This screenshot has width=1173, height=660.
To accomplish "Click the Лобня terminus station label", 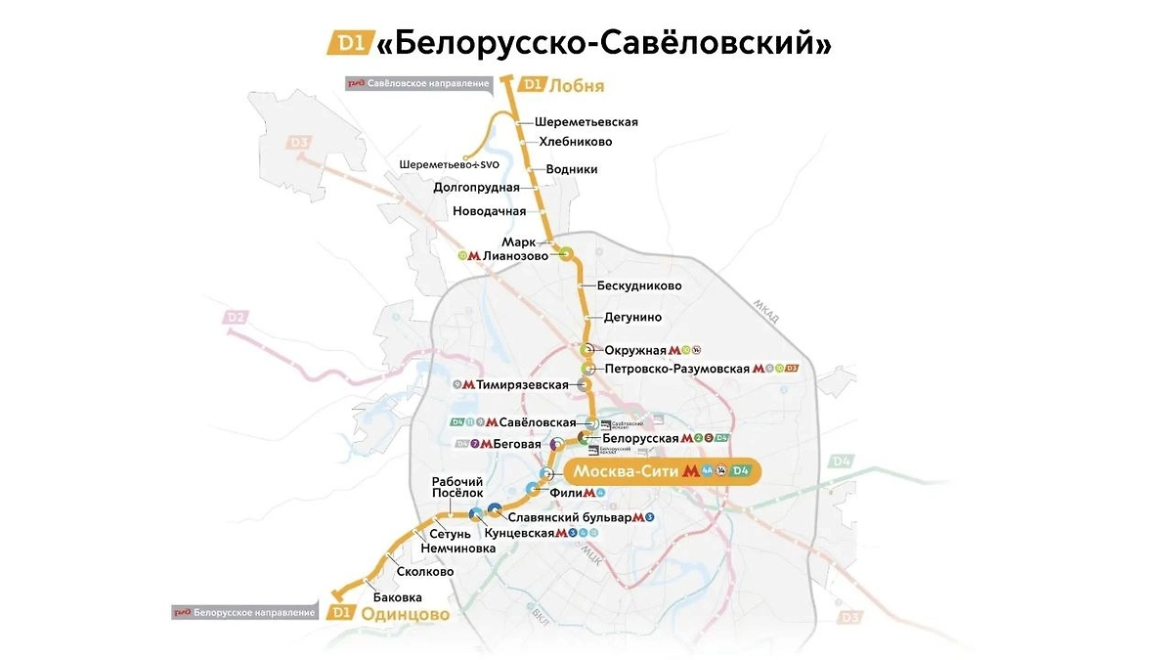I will (x=577, y=86).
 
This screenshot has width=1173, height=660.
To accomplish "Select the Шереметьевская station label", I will (x=586, y=122).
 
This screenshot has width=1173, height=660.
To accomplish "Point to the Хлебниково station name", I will (x=576, y=142).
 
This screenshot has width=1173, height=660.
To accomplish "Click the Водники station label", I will (x=572, y=169).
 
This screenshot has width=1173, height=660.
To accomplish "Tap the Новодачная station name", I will (x=489, y=211).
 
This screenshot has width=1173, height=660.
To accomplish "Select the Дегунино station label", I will (x=633, y=317).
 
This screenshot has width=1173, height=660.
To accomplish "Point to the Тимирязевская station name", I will (x=523, y=385).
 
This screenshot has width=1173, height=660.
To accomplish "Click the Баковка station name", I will (x=398, y=596).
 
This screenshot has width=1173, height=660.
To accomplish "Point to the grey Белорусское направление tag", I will (x=244, y=613).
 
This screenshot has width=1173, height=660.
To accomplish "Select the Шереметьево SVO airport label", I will (x=449, y=164).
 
